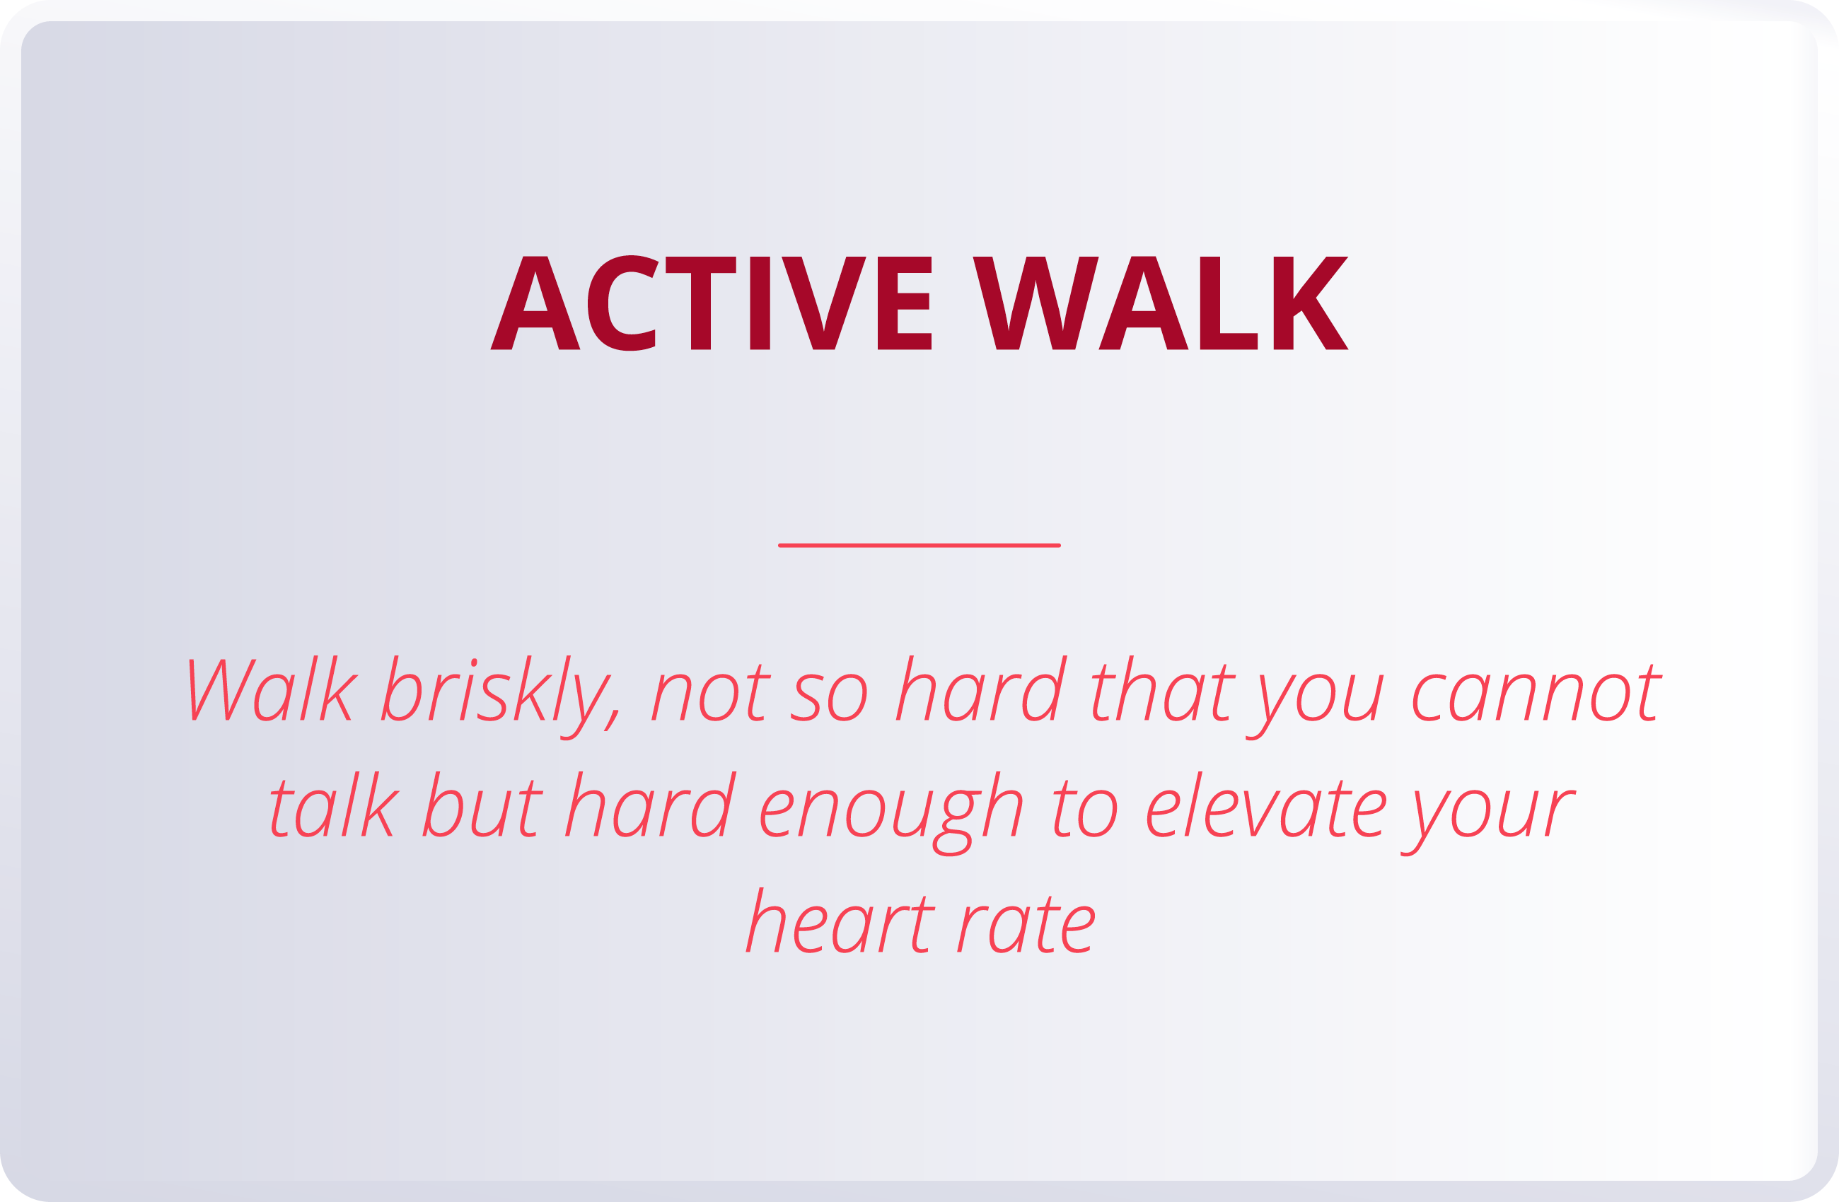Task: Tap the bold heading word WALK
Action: click(x=1160, y=303)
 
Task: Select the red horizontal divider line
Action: click(x=919, y=545)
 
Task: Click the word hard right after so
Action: click(x=981, y=689)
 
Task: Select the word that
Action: click(x=1164, y=689)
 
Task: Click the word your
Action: click(x=1487, y=815)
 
